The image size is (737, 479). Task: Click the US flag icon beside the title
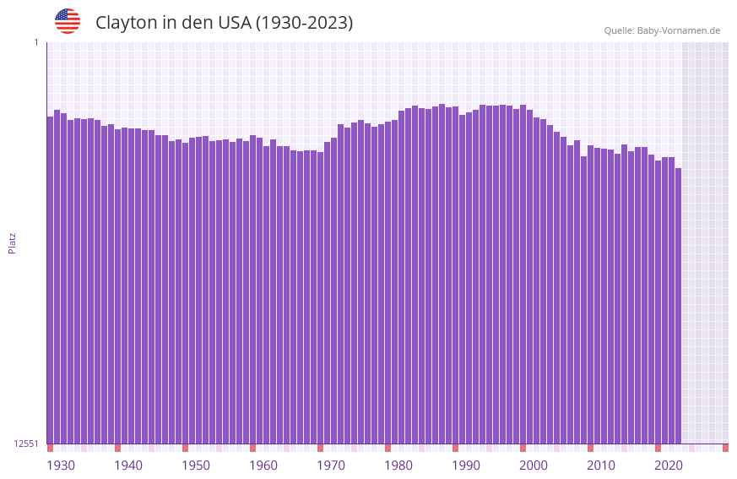(68, 21)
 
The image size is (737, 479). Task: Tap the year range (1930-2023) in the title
(304, 23)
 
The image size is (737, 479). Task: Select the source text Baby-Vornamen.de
(678, 30)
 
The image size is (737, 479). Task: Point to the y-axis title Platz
(12, 242)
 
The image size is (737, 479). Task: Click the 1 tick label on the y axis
(35, 42)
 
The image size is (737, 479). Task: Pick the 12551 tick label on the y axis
(26, 444)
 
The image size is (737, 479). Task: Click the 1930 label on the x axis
(61, 465)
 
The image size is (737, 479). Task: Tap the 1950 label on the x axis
(196, 465)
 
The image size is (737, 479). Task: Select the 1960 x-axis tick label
(263, 465)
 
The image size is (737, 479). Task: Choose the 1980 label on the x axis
(398, 465)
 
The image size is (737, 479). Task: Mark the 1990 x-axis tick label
(466, 465)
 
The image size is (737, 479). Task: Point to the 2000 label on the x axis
(534, 465)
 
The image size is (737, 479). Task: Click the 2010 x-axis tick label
(601, 465)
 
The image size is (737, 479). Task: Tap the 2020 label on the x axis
(669, 465)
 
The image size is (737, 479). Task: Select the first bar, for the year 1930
(50, 279)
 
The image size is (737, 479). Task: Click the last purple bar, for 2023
(678, 304)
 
